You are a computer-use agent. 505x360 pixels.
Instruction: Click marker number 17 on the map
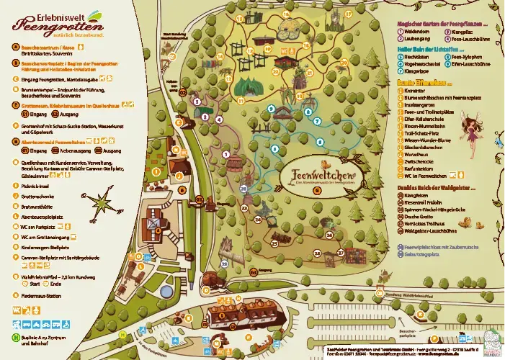[x=349, y=14]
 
